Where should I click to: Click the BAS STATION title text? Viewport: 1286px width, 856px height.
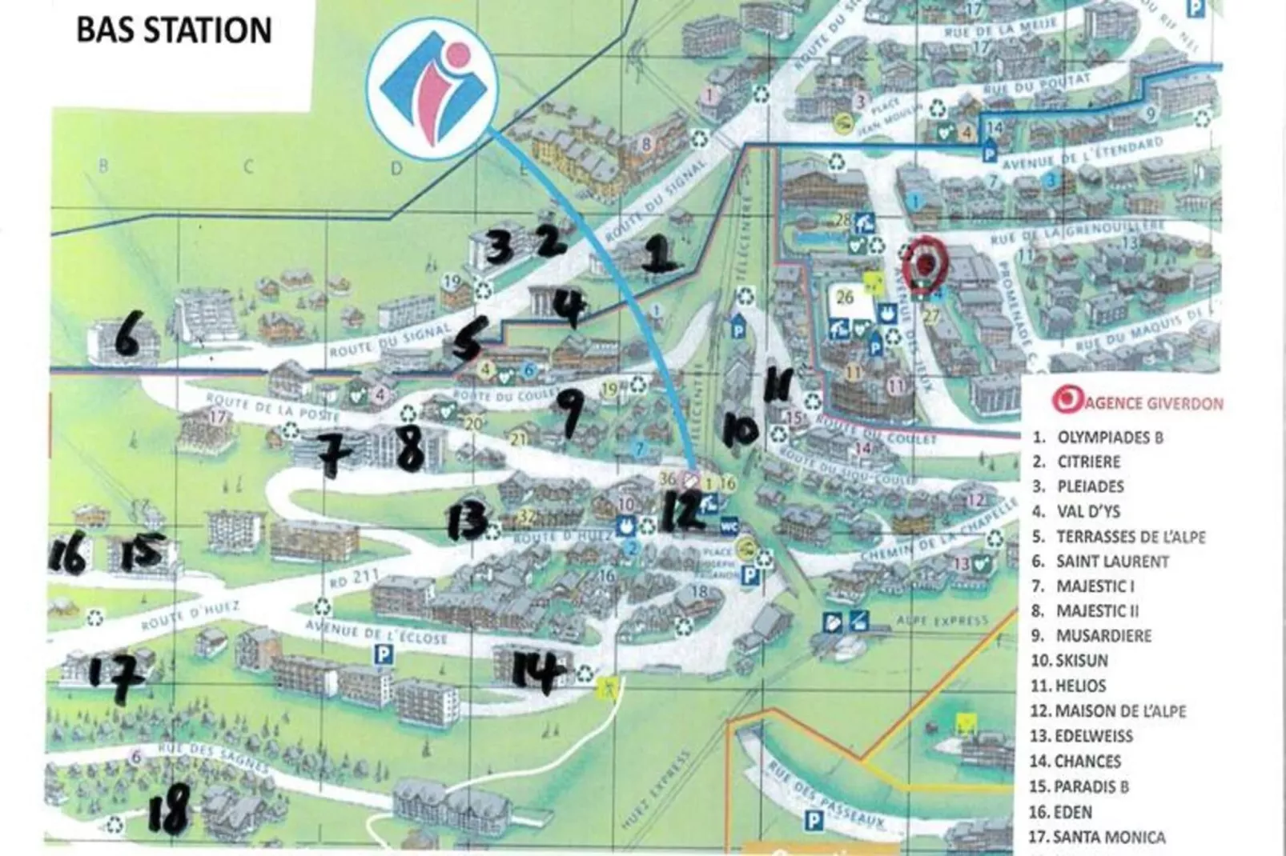(x=174, y=30)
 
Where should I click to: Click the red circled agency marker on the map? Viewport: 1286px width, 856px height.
(x=925, y=262)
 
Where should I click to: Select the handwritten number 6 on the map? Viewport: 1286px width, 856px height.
(x=127, y=336)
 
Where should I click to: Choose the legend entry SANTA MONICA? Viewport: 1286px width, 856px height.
(x=1108, y=837)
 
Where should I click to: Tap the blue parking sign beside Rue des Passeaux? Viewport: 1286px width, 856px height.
(x=814, y=820)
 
